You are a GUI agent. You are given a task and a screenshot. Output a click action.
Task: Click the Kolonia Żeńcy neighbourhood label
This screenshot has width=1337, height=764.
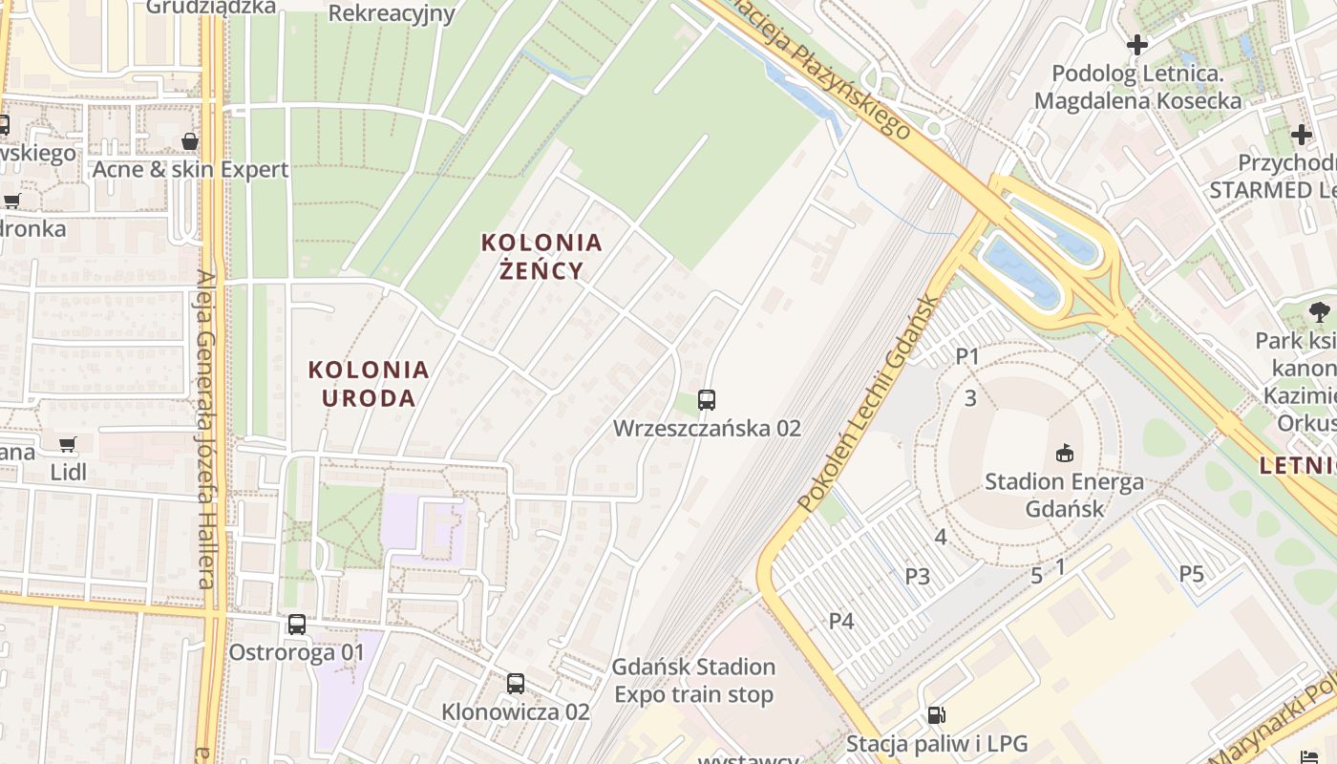541,256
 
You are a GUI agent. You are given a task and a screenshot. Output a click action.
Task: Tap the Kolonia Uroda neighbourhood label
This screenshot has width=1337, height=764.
369,383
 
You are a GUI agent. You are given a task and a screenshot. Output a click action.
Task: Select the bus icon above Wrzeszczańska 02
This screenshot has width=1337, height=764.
707,400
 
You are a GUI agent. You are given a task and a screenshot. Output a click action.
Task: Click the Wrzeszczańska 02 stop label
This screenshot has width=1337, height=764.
707,428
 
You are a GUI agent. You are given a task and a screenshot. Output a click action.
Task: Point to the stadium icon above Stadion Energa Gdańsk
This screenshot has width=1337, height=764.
1064,452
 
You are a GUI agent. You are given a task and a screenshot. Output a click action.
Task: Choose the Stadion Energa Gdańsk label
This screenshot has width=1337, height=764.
1064,495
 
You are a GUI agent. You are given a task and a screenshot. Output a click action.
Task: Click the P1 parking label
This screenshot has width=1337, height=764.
968,356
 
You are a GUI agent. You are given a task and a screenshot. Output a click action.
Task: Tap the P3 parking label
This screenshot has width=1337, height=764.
918,576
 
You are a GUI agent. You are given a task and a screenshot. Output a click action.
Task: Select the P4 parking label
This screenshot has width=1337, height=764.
841,621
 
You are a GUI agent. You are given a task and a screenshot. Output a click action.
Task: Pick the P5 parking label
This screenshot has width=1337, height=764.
1191,574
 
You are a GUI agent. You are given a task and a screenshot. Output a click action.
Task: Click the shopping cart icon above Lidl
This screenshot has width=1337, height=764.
67,444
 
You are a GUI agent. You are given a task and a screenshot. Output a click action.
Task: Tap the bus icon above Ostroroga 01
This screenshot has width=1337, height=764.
297,625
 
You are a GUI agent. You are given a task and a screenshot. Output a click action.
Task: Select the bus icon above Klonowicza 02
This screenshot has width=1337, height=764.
516,684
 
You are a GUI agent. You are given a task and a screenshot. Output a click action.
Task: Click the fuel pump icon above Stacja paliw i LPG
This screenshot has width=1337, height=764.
936,714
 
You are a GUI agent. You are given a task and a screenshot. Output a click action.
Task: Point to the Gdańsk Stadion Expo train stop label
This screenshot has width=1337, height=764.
693,680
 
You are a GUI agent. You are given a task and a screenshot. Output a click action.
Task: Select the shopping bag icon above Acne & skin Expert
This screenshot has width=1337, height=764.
190,141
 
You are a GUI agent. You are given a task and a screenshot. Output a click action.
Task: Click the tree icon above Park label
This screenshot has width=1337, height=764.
1319,311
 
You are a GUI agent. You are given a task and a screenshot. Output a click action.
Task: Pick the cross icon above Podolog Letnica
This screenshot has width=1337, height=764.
1136,45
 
